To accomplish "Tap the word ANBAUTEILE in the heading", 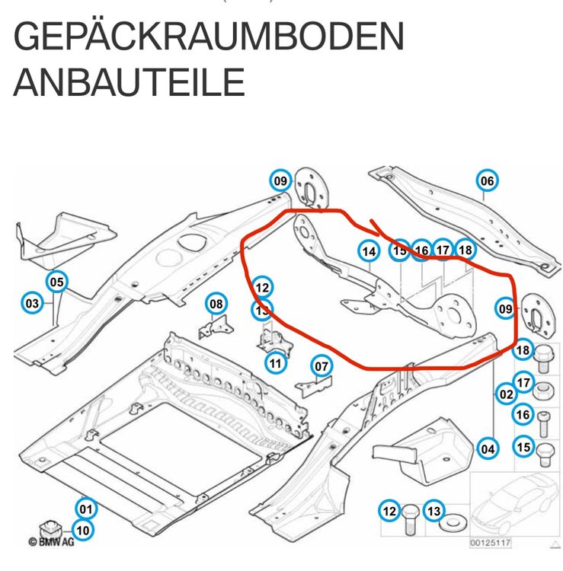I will tap(129, 82).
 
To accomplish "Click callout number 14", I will tap(369, 251).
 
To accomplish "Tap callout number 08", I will tap(217, 305).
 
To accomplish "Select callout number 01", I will tap(85, 508).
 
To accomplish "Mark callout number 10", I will tap(83, 530).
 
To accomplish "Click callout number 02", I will tap(505, 394).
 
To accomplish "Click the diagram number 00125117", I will tap(491, 543).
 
